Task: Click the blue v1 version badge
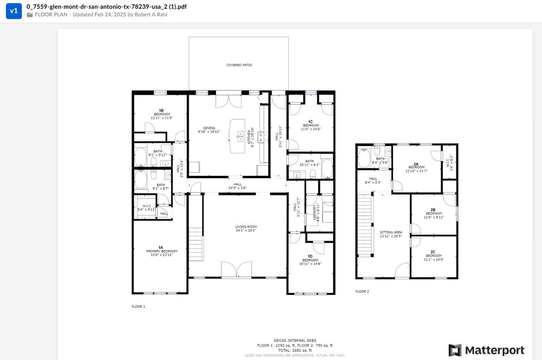point(14,11)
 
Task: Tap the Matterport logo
point(486,350)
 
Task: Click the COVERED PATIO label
point(239,65)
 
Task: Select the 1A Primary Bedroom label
point(161,251)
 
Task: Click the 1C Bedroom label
point(311,125)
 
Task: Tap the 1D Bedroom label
point(310,260)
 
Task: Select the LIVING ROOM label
point(246,229)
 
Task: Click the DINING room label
point(209,130)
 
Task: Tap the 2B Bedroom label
point(434,214)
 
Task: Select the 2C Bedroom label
point(434,256)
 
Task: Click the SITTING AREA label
point(391,234)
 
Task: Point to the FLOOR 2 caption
point(362,291)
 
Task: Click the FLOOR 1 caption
point(138,307)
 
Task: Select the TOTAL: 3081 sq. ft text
point(295,350)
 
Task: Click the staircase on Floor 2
point(364,225)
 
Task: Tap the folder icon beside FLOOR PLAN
point(30,15)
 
